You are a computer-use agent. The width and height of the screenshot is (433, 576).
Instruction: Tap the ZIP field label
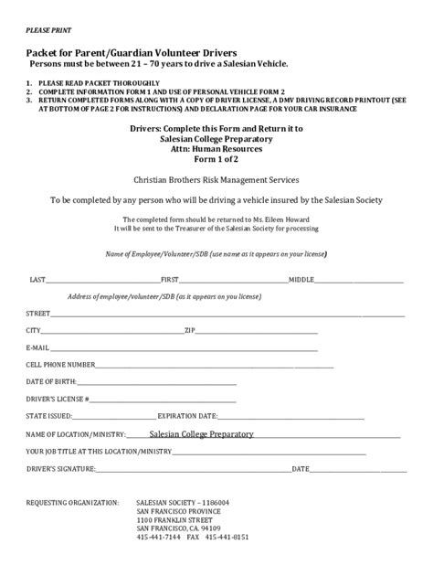tap(190, 330)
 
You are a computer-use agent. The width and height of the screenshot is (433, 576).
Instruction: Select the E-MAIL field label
tap(38, 347)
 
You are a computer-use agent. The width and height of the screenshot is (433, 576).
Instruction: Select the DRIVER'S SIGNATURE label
tap(61, 469)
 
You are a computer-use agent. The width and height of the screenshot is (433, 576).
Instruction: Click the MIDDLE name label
tap(301, 279)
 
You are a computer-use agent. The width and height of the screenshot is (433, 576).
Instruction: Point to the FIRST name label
tap(170, 279)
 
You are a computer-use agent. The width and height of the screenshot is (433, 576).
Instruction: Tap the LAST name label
tap(38, 279)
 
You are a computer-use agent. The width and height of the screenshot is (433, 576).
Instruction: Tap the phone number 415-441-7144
tap(156, 538)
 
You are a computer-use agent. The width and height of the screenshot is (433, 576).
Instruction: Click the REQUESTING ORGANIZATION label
tap(72, 502)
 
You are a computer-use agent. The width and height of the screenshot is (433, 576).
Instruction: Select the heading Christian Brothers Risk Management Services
tap(216, 181)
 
